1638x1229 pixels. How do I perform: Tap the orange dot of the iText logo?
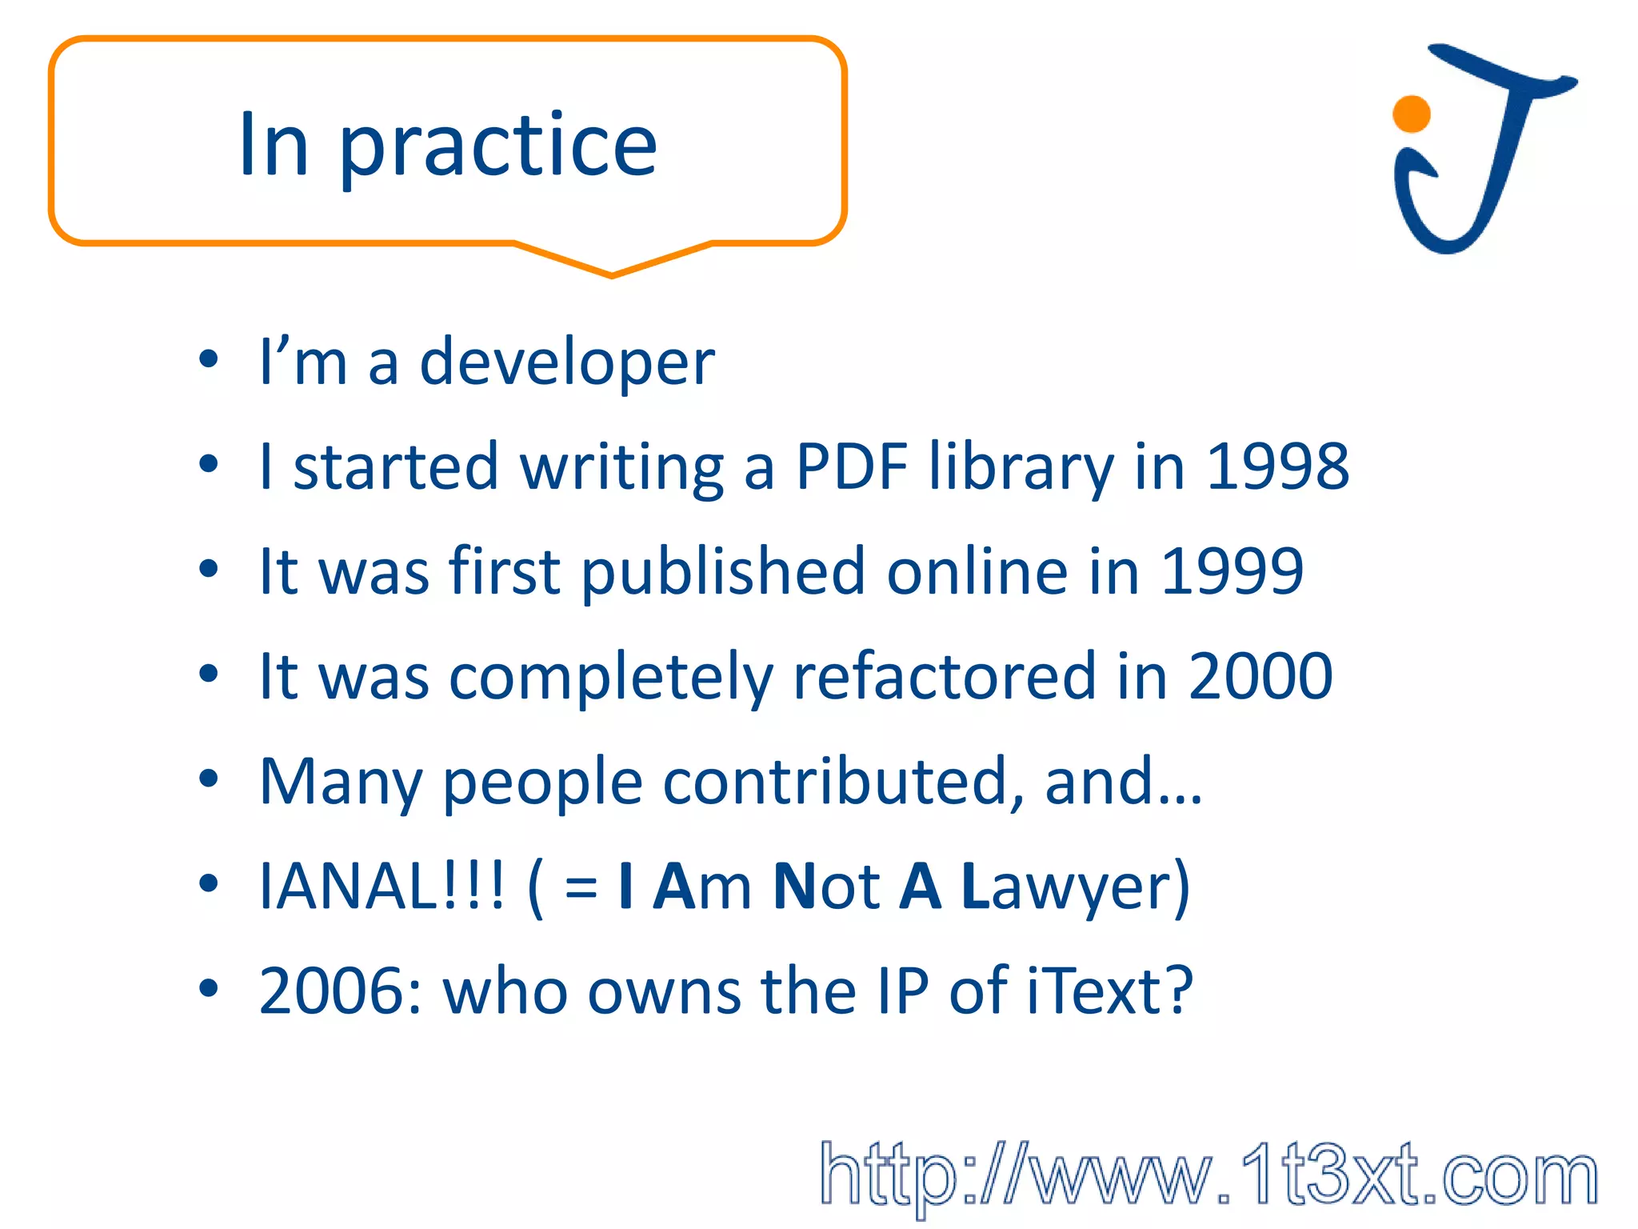click(1411, 114)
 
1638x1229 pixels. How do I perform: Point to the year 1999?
click(1232, 571)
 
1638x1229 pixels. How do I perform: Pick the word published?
click(723, 571)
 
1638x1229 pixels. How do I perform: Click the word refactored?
click(944, 677)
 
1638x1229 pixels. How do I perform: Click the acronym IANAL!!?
click(382, 887)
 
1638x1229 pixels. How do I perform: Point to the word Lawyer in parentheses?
click(1075, 887)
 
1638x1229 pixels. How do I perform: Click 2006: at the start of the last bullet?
click(341, 991)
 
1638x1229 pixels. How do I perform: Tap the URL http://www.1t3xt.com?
click(1208, 1175)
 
